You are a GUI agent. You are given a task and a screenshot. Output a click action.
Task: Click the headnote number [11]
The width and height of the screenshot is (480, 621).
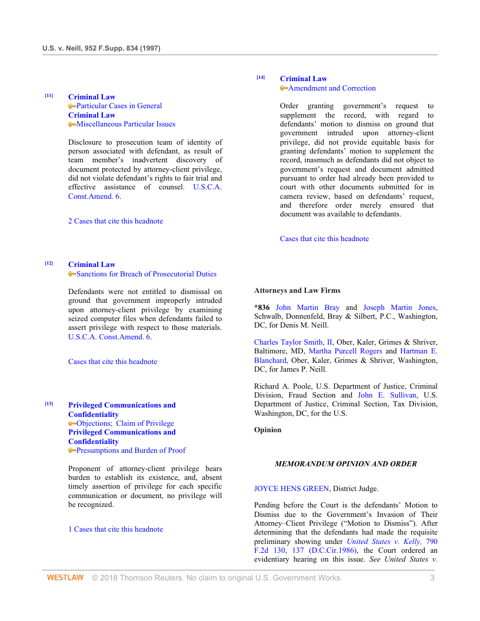click(49, 95)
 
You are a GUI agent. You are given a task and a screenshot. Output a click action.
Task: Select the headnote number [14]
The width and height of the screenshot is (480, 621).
click(261, 77)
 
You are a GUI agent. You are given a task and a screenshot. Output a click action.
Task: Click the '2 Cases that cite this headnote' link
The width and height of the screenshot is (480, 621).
click(115, 221)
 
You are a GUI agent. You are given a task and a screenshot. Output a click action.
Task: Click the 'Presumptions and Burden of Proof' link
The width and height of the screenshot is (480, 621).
click(131, 450)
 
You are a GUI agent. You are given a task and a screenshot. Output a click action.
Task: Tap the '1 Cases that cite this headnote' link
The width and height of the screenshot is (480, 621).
click(115, 529)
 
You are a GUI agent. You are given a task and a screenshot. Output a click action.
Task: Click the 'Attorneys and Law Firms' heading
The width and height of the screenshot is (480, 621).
click(297, 291)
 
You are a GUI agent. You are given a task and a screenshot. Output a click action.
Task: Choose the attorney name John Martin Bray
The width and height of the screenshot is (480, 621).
click(308, 308)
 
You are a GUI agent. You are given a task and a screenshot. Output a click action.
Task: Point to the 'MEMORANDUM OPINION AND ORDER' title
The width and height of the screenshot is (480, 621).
click(346, 464)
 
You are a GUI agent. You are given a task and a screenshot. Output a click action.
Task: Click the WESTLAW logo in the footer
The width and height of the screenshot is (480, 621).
click(65, 578)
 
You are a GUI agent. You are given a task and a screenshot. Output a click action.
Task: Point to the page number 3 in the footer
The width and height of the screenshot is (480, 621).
click(432, 578)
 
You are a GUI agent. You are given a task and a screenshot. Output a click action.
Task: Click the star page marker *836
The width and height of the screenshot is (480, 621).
click(262, 308)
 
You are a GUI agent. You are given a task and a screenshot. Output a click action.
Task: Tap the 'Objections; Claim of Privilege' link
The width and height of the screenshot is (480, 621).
click(125, 423)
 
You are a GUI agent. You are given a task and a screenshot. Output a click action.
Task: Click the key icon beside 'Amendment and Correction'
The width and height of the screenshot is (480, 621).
click(284, 88)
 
